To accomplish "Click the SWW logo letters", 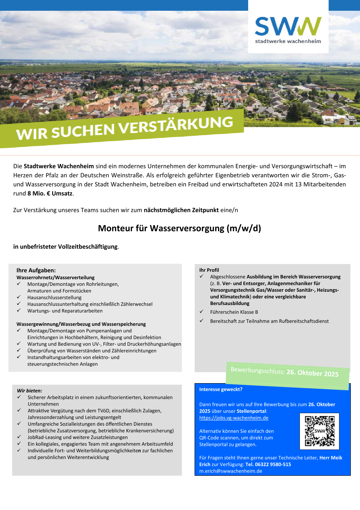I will click(288, 26).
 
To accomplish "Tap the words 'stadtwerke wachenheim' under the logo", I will click(288, 41).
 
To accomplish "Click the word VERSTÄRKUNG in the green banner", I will click(176, 126).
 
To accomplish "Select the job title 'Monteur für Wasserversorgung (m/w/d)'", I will click(180, 228).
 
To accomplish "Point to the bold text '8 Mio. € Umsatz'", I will click(50, 193).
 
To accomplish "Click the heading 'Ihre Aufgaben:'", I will click(36, 270).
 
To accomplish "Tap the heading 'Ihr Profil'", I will click(209, 270).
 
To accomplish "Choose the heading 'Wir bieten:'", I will click(29, 390).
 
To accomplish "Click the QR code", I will click(319, 431).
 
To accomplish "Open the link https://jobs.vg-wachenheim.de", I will click(234, 418).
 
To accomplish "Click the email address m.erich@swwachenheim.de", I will click(230, 471).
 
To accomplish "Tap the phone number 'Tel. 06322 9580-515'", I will click(268, 464).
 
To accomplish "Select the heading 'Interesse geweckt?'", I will click(221, 389).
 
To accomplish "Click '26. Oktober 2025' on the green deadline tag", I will click(312, 373).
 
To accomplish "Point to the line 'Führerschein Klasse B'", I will click(234, 312).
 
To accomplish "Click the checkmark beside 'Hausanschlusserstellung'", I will click(19, 297).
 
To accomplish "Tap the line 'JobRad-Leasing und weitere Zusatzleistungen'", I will click(78, 437).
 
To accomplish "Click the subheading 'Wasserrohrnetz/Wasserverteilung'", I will click(55, 277).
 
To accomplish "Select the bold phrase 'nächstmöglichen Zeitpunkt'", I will click(181, 210).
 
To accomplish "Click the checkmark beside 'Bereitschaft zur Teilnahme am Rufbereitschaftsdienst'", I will click(201, 321).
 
